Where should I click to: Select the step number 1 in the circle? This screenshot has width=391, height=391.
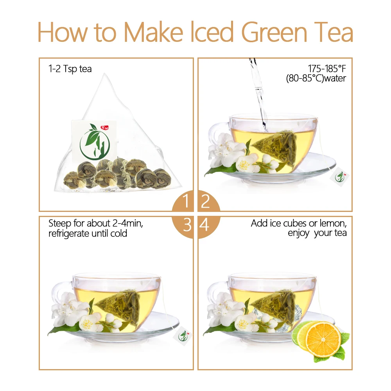186,202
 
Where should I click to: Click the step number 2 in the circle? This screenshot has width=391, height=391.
205,202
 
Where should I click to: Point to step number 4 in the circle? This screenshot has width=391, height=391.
205,225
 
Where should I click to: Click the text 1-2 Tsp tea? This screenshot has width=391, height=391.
70,69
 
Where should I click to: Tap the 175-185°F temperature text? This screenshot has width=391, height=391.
327,69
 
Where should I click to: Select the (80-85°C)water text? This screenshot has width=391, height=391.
316,78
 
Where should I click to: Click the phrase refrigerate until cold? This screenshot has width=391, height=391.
88,233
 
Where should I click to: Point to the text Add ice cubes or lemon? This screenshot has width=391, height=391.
299,224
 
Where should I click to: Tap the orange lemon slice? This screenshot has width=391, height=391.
323,339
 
